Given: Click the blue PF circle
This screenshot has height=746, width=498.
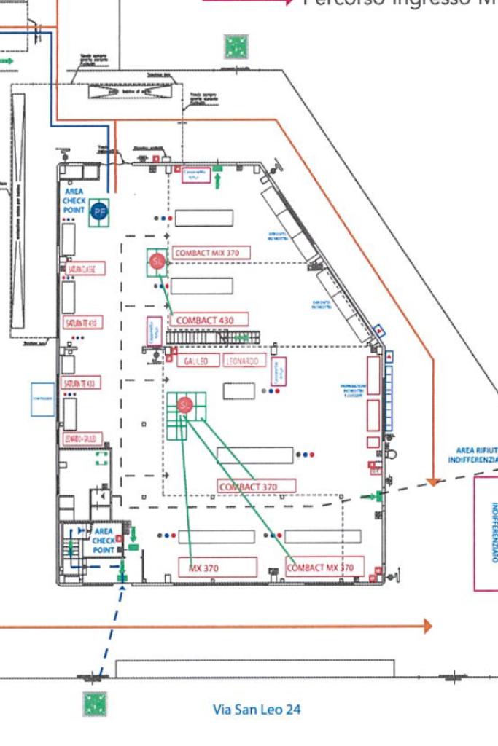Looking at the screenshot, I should [99, 212].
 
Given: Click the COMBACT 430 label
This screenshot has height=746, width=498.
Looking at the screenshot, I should [209, 319].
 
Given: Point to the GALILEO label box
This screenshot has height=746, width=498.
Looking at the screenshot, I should [198, 361].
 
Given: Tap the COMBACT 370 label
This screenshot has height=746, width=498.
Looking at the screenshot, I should [257, 486].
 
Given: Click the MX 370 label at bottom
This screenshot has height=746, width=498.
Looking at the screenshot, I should [217, 567].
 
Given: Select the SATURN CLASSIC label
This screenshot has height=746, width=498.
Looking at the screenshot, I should [85, 269].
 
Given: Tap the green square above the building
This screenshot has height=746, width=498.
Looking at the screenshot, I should [236, 47].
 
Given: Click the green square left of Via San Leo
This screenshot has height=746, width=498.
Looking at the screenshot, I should [95, 704].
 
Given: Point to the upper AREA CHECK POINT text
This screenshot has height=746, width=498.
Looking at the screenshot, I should [74, 200].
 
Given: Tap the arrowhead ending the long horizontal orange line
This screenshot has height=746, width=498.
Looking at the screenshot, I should [427, 626].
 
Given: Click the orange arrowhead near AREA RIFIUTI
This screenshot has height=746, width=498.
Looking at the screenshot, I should [434, 482].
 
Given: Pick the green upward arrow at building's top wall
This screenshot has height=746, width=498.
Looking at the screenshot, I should [217, 178].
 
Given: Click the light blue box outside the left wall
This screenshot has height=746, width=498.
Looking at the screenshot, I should [42, 399].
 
